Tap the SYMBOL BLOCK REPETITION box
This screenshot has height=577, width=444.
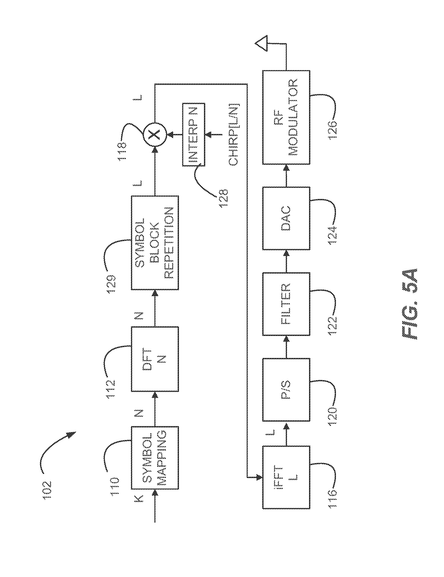pyautogui.click(x=155, y=243)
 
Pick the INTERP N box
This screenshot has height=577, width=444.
pyautogui.click(x=194, y=134)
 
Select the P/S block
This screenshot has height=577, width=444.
pyautogui.click(x=286, y=390)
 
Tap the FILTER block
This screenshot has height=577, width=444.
pyautogui.click(x=286, y=304)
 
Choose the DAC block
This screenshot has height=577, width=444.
pyautogui.click(x=286, y=218)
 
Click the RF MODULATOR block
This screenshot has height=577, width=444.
pyautogui.click(x=286, y=117)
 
